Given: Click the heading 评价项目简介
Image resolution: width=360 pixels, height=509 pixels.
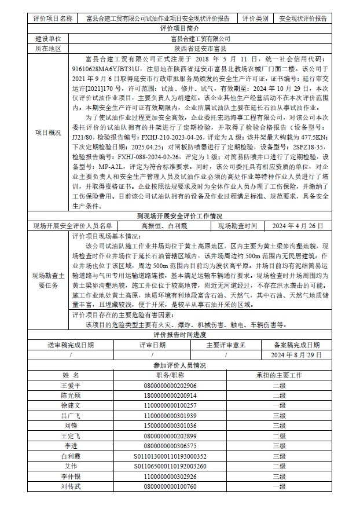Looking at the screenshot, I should pos(179,28).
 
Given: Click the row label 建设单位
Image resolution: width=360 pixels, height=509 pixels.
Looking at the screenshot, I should pos(48,38).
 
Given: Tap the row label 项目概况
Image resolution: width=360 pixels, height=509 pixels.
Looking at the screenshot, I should pos(48,133).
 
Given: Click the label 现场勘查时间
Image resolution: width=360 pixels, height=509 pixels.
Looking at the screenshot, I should pos(237,226).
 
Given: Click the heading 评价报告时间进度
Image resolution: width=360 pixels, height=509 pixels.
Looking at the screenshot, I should pos(179,335).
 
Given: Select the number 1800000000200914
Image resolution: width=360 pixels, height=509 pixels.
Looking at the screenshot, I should pos(170,396).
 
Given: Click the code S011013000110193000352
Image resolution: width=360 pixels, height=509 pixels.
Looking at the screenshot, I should pos(170,456).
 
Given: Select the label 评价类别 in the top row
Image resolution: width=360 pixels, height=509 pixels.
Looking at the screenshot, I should pos(255,19).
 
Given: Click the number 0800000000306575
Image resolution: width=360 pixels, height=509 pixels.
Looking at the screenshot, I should pos(170,446).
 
